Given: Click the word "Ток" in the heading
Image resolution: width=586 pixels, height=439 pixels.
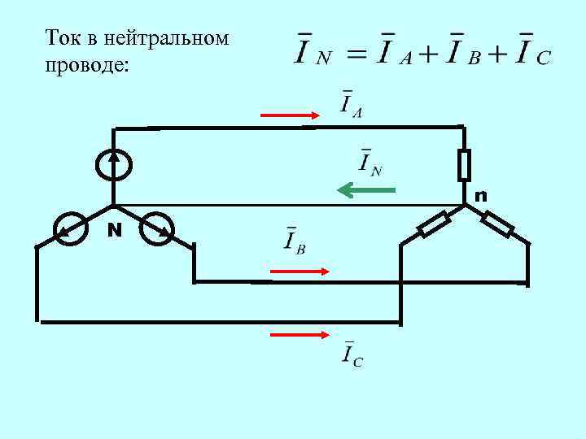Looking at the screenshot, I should [x=61, y=38].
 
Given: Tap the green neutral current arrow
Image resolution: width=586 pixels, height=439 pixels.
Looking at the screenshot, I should [x=366, y=191].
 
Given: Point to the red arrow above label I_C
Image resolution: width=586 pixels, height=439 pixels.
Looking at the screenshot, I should [x=299, y=334].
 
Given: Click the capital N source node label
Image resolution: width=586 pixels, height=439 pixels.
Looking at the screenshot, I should [x=116, y=230].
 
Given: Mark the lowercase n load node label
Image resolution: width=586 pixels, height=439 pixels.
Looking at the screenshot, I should [x=481, y=196].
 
